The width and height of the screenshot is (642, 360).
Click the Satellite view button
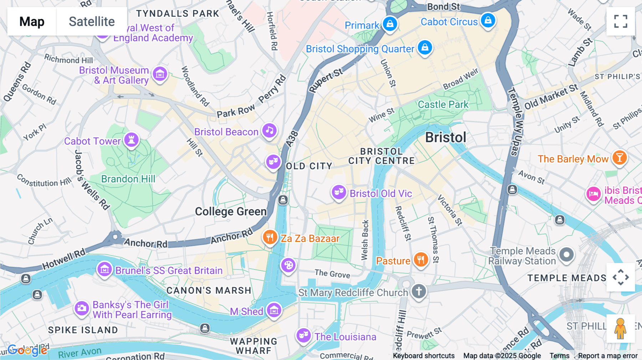pos(92,21)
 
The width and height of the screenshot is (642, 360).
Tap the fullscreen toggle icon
pos(621,21)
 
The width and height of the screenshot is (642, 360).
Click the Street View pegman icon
pos(621,328)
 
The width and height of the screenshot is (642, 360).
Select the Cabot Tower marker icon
pos(131,140)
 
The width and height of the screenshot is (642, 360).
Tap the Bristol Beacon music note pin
pos(270,130)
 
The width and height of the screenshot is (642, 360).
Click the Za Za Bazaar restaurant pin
pos(270,237)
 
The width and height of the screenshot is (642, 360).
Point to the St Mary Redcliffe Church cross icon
pos(419,291)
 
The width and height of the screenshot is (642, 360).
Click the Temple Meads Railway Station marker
pos(566,255)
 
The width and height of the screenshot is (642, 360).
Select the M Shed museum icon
pos(274,310)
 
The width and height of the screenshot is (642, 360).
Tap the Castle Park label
pos(443,104)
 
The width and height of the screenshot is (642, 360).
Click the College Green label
pos(231,212)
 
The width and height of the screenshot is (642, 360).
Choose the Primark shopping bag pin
pos(390,24)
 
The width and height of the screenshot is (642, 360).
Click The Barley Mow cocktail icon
pos(620,158)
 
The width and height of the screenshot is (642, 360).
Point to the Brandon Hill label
pos(128,179)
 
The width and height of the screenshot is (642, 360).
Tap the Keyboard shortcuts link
pos(423,356)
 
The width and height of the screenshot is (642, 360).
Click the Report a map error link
pos(608,356)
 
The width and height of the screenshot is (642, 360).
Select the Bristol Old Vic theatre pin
pos(338,192)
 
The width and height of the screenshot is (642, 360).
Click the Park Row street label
pos(236,111)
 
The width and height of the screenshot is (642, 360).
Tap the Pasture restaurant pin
pos(421,259)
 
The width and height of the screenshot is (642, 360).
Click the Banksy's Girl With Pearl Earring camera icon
pos(82,308)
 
